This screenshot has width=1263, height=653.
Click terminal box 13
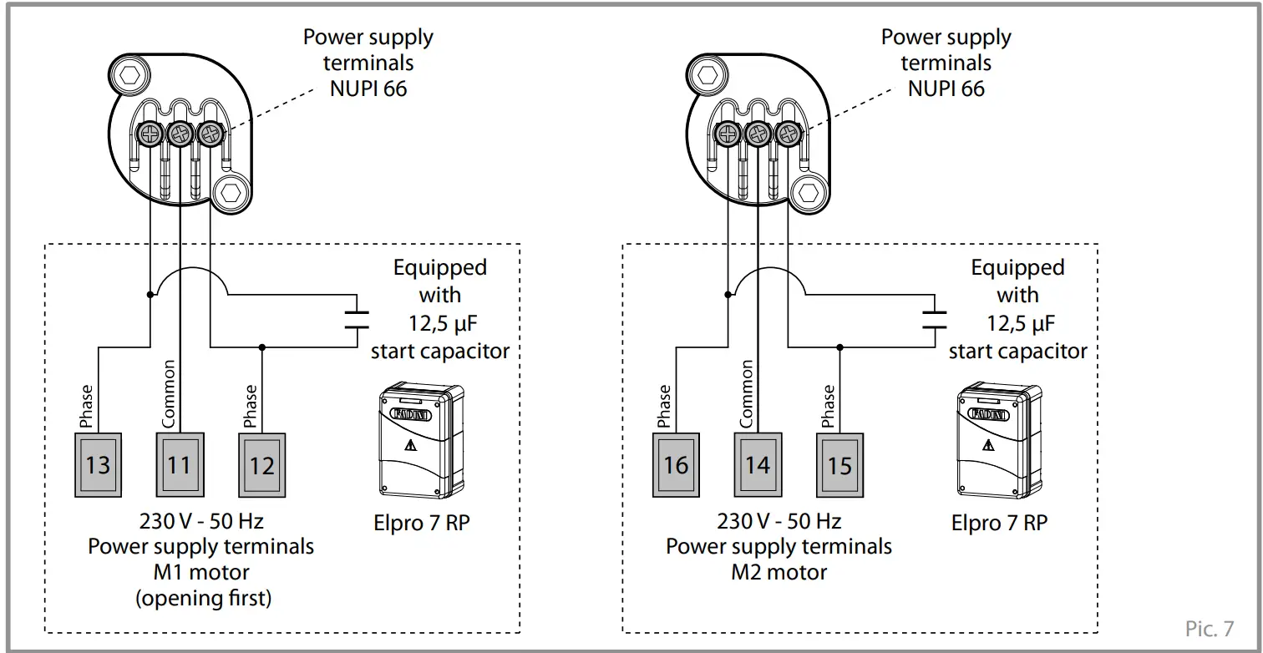[x=98, y=464]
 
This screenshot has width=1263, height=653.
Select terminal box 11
[x=179, y=464]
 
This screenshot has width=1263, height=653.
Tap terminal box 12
[x=262, y=464]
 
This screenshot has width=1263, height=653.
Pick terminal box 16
[x=675, y=464]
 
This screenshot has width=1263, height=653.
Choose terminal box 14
[x=758, y=464]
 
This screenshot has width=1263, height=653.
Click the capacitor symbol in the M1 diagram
[x=357, y=320]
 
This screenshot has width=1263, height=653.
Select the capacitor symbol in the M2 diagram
[x=934, y=320]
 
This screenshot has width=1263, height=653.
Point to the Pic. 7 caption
[x=1209, y=628]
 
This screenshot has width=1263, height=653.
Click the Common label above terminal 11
[x=169, y=394]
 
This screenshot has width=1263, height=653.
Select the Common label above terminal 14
[x=747, y=394]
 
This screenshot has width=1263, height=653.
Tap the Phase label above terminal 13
[x=86, y=407]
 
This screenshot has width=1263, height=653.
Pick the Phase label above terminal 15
[x=828, y=407]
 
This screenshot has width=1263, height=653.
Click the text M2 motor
[x=779, y=573]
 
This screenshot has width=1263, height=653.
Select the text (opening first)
[x=204, y=598]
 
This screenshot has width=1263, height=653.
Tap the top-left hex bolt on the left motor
[x=129, y=75]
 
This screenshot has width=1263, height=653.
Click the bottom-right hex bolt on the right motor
[x=807, y=191]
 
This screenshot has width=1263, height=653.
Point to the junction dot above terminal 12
[x=262, y=347]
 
